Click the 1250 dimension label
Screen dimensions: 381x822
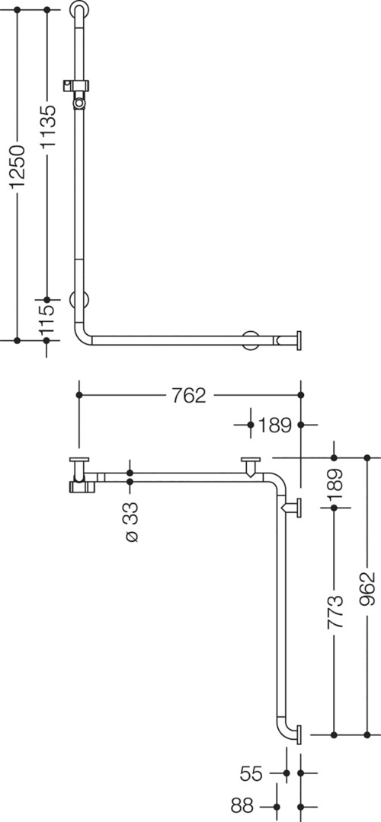(x=18, y=167)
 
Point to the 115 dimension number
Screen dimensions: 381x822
(x=47, y=319)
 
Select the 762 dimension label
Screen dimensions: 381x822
(x=190, y=395)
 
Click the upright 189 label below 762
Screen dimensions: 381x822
(x=274, y=425)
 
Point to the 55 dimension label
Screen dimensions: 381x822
(x=251, y=773)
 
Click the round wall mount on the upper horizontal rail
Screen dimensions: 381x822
(x=251, y=339)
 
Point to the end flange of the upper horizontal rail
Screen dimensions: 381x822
(x=299, y=340)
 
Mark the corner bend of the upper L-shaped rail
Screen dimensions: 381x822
(x=82, y=336)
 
